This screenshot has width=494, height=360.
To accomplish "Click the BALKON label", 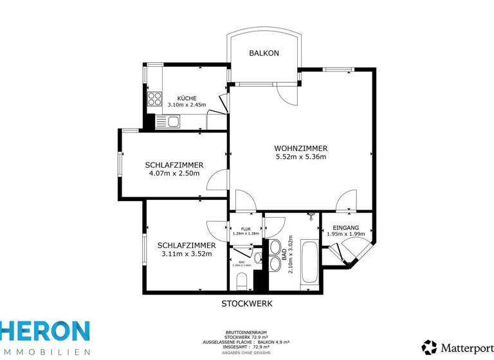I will [x=264, y=53].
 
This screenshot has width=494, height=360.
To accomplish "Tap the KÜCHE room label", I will [x=178, y=98].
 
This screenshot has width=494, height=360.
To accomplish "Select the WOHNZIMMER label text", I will [x=301, y=148].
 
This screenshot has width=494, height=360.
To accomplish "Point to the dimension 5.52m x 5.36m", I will [x=301, y=157].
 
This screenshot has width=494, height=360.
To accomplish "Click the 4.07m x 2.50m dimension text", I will [x=174, y=173].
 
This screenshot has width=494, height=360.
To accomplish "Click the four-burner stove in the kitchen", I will [x=155, y=99].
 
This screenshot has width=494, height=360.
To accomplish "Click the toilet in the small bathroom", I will [x=242, y=280].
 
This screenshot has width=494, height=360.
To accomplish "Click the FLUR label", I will [x=245, y=229].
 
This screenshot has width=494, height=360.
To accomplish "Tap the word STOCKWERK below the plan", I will [x=248, y=302].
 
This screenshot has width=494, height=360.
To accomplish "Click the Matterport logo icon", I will [x=430, y=346].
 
